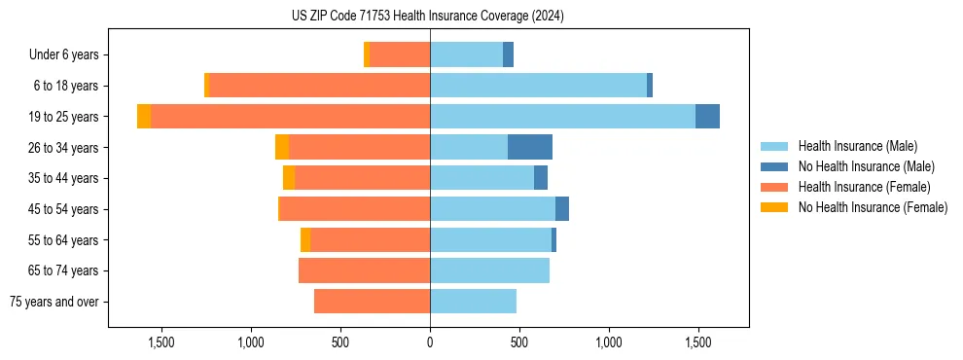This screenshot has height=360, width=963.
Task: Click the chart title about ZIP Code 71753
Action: (428, 17)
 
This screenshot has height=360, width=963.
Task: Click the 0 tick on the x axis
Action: (430, 342)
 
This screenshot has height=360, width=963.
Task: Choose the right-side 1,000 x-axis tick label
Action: (609, 342)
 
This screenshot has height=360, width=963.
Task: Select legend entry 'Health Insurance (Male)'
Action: (857, 146)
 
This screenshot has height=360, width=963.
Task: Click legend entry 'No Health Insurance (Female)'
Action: (873, 207)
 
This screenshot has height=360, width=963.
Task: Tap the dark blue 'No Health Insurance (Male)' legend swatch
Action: (775, 166)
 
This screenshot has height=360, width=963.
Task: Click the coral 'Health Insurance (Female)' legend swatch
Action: (775, 187)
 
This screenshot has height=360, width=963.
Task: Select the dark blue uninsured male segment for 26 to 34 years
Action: (530, 147)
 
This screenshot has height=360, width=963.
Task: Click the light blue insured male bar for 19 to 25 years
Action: (562, 117)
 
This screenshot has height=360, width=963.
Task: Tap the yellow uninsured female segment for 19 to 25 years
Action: (144, 117)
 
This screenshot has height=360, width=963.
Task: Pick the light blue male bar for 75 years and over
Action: (473, 302)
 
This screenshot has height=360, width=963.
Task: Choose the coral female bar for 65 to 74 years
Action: (364, 270)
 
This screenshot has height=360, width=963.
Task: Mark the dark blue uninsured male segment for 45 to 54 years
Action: (562, 209)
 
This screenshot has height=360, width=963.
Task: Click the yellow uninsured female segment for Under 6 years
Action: (367, 54)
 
